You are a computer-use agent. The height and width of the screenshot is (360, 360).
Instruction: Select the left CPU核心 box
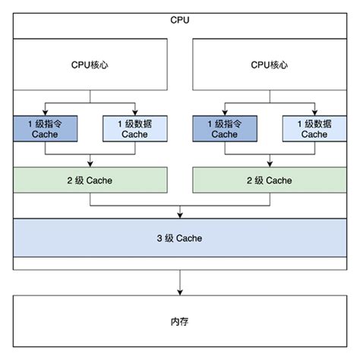click(90, 65)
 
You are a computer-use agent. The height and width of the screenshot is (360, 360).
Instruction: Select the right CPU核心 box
click(270, 65)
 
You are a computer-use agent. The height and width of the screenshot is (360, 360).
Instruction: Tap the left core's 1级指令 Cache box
click(46, 129)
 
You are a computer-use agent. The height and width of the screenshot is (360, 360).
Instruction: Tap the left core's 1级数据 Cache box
click(135, 129)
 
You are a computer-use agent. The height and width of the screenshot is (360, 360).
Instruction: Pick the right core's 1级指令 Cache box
click(225, 129)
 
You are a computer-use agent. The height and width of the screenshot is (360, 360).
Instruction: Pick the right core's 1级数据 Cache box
click(314, 129)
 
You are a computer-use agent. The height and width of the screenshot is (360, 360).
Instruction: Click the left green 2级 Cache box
click(90, 180)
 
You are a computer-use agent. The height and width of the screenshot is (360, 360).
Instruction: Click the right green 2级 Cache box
click(270, 180)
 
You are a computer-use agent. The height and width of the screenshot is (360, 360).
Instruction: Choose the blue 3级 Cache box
click(180, 238)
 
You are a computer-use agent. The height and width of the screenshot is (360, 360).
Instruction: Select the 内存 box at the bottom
click(180, 321)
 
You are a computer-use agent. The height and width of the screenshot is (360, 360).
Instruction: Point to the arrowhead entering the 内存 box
click(180, 292)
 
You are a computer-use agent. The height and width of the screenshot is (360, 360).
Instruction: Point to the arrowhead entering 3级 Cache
click(180, 215)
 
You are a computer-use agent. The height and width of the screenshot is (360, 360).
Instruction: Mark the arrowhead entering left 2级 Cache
click(90, 165)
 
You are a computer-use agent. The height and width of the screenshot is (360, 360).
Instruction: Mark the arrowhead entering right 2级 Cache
click(270, 165)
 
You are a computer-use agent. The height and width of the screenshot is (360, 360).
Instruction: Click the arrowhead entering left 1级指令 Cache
click(46, 112)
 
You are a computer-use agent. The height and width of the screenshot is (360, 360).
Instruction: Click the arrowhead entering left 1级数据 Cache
click(135, 112)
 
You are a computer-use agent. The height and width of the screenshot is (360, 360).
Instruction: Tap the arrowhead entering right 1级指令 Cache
click(225, 112)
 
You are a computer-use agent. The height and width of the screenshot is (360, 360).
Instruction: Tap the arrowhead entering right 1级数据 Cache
click(314, 112)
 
